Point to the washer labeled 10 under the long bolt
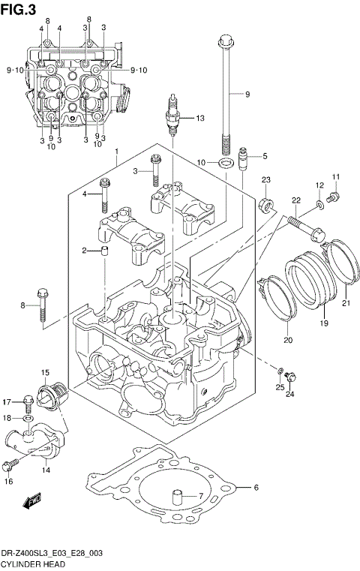click(223, 163)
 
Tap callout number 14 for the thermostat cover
click(46, 470)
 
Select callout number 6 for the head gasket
click(256, 488)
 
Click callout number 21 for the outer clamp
click(346, 303)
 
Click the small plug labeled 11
click(334, 197)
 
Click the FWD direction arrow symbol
click(32, 500)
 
